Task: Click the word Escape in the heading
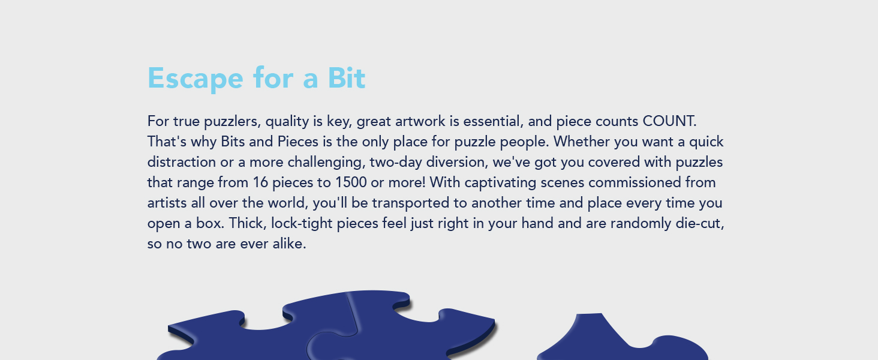click(x=195, y=79)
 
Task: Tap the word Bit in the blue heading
click(x=347, y=77)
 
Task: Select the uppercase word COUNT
click(x=669, y=121)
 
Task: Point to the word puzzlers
click(x=233, y=122)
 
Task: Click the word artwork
click(x=420, y=122)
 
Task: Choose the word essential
click(x=494, y=122)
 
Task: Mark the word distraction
click(x=182, y=162)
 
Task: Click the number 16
click(x=260, y=182)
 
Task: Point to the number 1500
click(x=351, y=182)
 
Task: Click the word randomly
click(x=641, y=224)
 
